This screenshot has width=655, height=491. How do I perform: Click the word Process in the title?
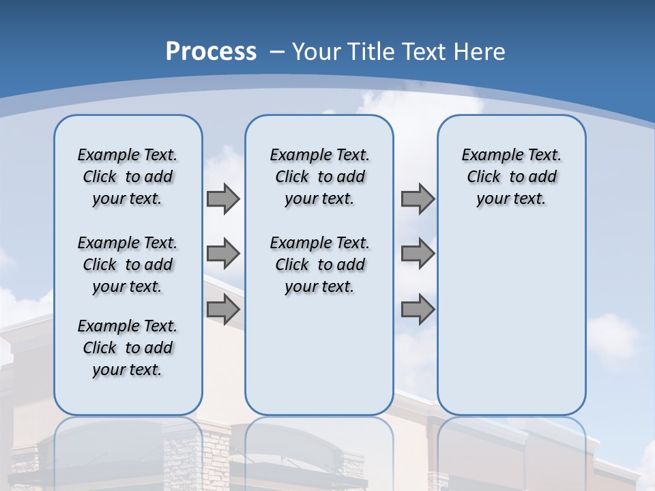(211, 52)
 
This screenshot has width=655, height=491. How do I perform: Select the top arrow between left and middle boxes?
(223, 198)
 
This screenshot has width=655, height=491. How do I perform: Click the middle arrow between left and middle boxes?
(223, 254)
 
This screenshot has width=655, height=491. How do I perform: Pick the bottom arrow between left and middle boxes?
(223, 310)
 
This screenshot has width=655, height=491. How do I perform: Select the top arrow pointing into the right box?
(418, 198)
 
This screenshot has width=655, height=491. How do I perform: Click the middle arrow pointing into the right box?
(418, 254)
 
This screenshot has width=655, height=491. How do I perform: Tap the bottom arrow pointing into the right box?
(418, 310)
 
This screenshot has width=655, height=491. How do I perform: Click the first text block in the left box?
(128, 177)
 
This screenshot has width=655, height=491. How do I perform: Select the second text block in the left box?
(128, 265)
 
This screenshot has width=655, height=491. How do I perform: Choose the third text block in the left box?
(128, 348)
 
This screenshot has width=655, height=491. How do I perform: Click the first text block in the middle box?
(319, 177)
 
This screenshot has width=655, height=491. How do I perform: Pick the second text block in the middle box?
(319, 265)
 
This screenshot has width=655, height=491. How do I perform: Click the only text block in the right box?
(511, 177)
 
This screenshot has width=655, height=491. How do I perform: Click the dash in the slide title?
(277, 52)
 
